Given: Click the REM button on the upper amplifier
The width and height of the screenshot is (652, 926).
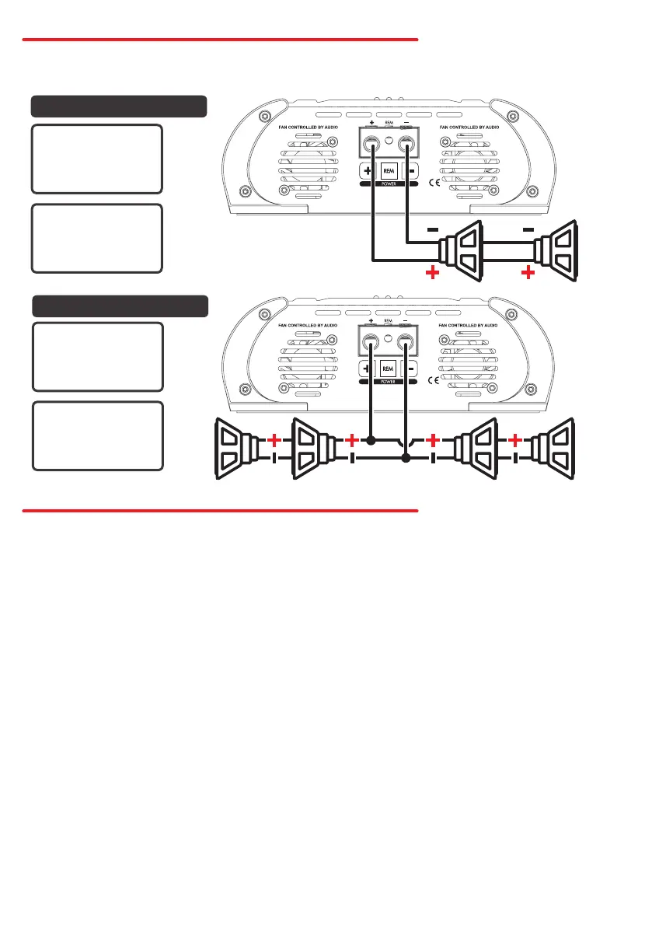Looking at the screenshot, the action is click(x=389, y=169).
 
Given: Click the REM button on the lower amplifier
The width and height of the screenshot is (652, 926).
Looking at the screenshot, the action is click(x=389, y=368).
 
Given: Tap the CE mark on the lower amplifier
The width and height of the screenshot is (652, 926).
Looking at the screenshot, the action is click(x=435, y=382).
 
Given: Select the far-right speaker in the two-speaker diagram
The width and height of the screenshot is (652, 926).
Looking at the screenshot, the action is click(x=558, y=250).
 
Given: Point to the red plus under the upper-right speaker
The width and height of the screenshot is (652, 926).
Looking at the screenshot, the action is click(x=529, y=273).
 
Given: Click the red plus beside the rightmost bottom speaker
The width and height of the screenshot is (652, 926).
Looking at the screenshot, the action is click(x=513, y=439).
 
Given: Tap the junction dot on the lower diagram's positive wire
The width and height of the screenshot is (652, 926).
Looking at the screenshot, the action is click(x=371, y=440).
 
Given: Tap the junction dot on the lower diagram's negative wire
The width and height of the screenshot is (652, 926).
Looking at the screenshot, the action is click(x=406, y=460).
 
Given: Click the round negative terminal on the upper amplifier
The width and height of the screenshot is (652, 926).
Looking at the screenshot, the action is click(x=406, y=144).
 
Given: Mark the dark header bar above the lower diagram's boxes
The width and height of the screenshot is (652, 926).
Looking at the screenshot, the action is click(x=120, y=306).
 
